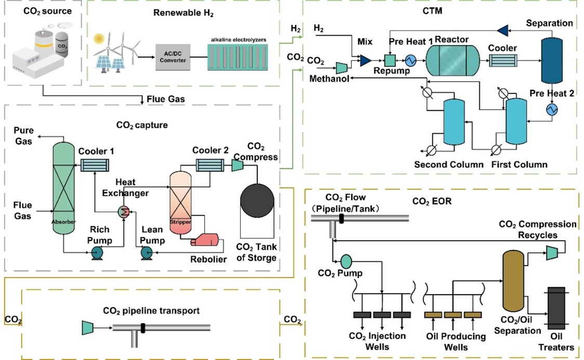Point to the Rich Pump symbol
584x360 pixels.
[97, 252]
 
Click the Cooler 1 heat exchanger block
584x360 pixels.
[95, 165]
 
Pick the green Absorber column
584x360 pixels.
[64, 192]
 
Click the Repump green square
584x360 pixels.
[390, 60]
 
